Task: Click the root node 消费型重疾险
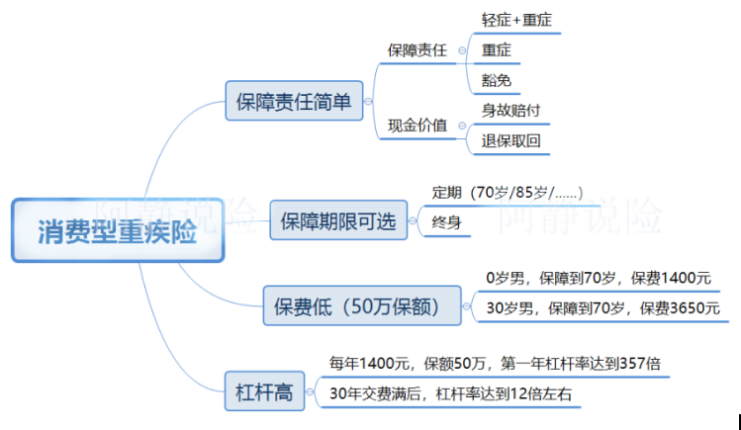coord(118,231)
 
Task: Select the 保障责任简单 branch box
coord(294,100)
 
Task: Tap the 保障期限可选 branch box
coord(338,219)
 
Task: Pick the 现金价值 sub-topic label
coord(417,126)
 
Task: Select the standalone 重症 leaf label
coord(497,49)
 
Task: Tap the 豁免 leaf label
coord(497,80)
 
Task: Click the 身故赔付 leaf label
coord(510,110)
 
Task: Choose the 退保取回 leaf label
coord(510,140)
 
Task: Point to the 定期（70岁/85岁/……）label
coord(508,191)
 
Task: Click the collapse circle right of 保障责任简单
coord(368,100)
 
